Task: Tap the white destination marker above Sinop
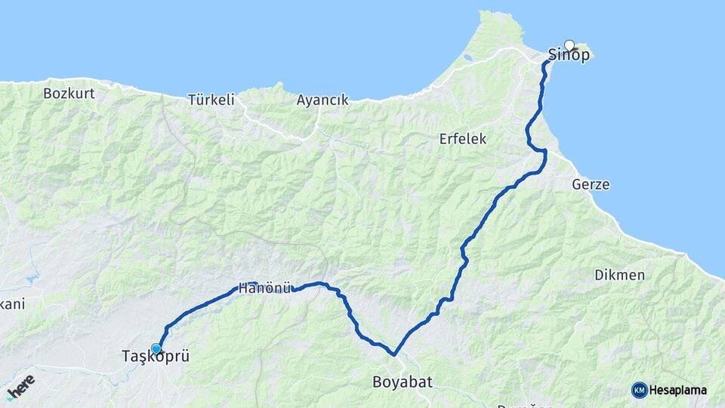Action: coord(569,45)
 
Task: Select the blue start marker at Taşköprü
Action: coord(156,348)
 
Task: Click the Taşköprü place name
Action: coord(154,357)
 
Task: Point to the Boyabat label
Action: coord(403,382)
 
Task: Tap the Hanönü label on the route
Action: coord(264,288)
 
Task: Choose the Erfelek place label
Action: coord(463,139)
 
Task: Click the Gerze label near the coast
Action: coord(591,184)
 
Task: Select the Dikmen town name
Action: coord(619,275)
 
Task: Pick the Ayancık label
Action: coord(322,100)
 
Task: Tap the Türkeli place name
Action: coord(211,99)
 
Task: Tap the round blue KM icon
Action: coord(640,390)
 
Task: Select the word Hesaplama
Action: coord(678,390)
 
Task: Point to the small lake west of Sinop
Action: coord(467,57)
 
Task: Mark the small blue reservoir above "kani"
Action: coord(32,279)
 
